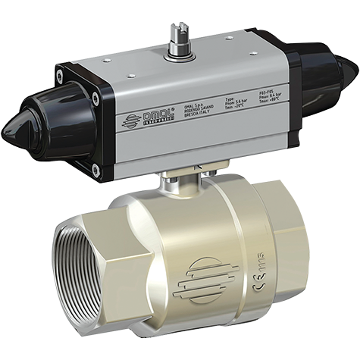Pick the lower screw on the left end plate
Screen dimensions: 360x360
coord(94,172)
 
